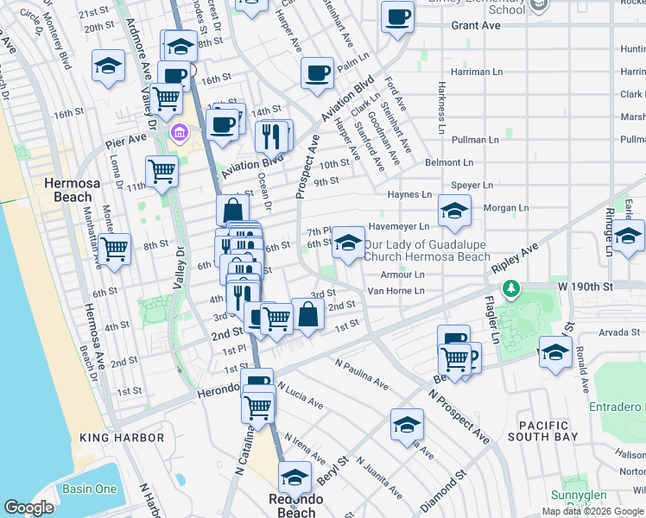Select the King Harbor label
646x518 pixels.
coord(121,438)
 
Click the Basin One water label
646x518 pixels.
coord(89,489)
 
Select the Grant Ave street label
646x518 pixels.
coord(476,26)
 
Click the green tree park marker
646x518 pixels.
coord(512,287)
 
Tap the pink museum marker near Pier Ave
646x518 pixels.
coord(180,132)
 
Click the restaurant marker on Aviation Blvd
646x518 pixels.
coord(271,136)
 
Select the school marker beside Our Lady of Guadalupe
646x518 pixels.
coord(348,242)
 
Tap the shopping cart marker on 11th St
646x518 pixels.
coord(161,171)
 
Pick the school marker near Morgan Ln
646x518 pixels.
coord(453,210)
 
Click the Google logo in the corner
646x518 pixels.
coord(28,508)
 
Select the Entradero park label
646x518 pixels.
coord(615,406)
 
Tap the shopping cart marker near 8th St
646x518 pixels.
coord(114,249)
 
